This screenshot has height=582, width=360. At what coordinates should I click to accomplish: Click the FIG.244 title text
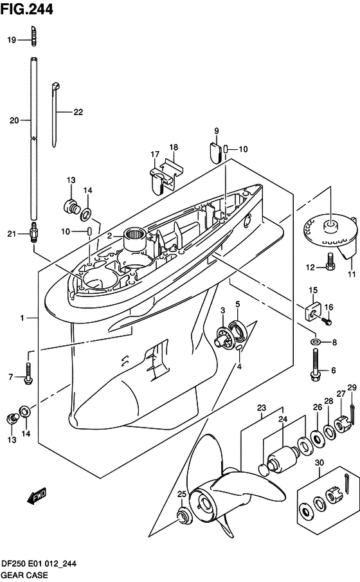(27, 9)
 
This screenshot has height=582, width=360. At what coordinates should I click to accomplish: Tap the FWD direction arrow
(37, 496)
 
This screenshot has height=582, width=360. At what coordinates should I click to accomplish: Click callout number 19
(12, 40)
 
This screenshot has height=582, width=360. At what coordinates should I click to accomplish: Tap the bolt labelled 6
(315, 366)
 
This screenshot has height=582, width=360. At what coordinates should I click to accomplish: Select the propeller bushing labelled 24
(283, 459)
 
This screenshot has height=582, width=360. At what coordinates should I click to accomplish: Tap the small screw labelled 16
(327, 322)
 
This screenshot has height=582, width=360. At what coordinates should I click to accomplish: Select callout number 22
(78, 112)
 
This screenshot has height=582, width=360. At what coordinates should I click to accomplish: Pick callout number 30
(319, 462)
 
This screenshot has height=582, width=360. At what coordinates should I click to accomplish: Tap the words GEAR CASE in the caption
(24, 575)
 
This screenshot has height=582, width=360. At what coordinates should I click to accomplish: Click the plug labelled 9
(214, 152)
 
